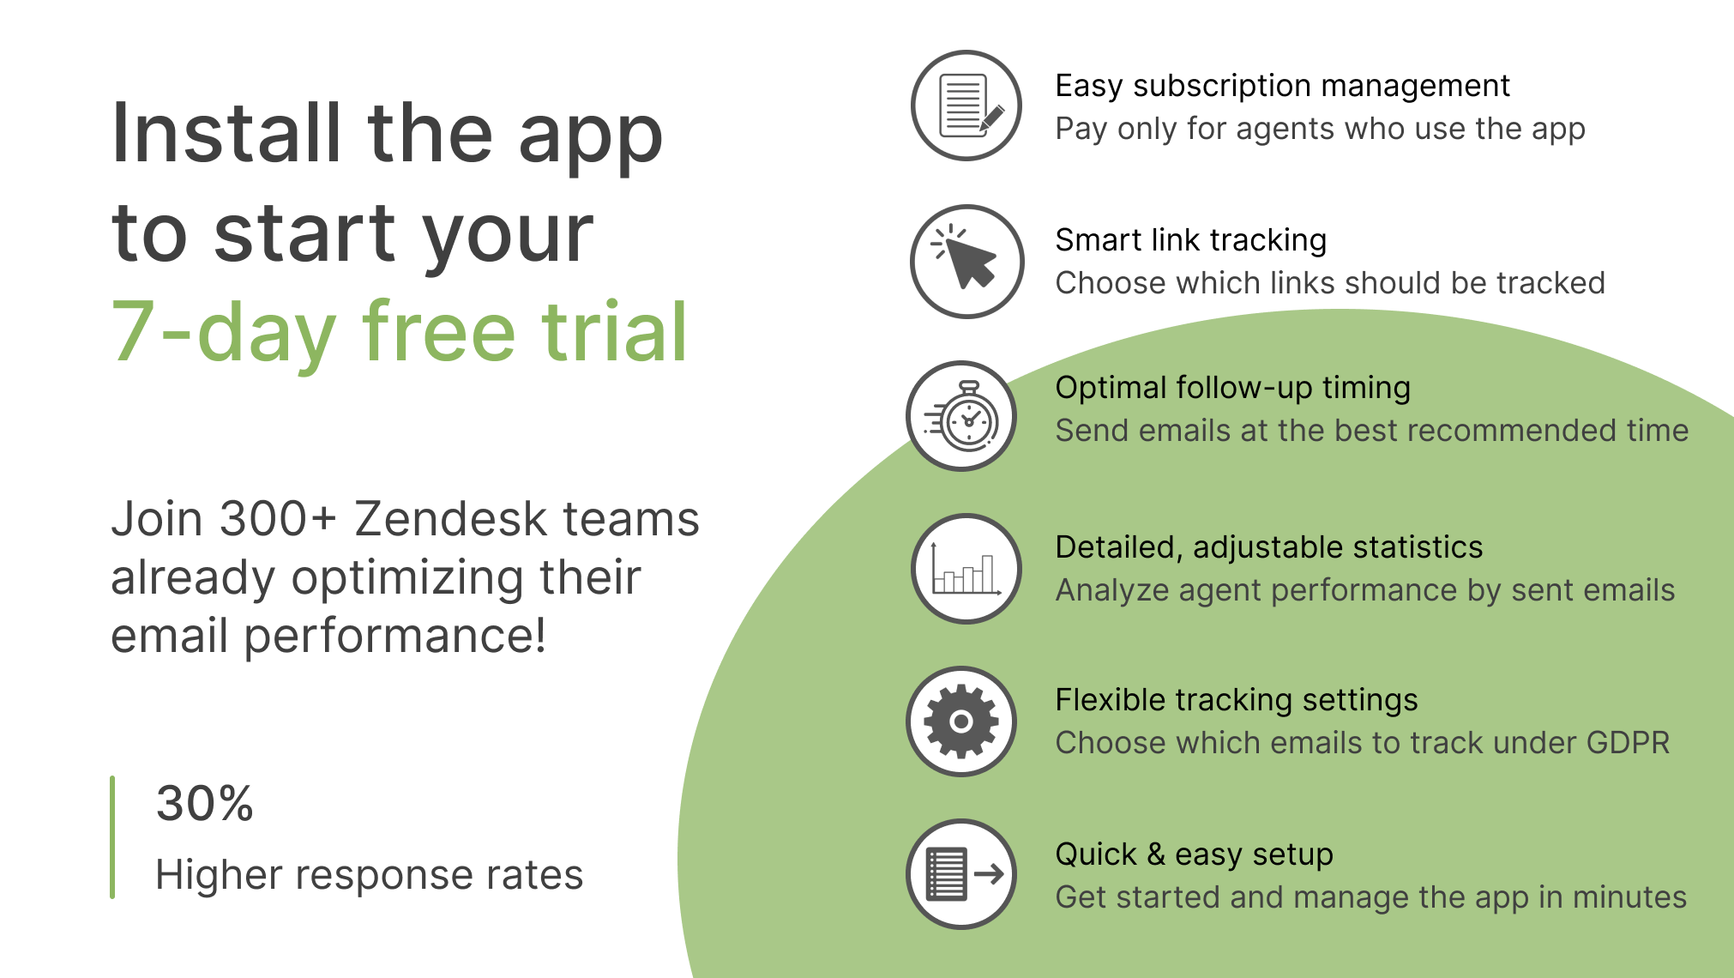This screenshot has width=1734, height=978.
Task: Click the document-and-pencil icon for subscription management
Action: tap(966, 106)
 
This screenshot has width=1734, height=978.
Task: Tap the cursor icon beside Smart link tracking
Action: tap(966, 261)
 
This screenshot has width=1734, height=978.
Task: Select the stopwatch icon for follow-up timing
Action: tap(962, 416)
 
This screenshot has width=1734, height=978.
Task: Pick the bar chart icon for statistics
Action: tap(966, 569)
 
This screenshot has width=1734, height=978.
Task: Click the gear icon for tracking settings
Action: tap(961, 721)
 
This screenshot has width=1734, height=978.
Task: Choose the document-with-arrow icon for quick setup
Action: tap(962, 874)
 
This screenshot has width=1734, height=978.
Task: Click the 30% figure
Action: tap(205, 804)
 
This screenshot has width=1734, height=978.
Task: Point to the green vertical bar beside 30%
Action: tap(112, 837)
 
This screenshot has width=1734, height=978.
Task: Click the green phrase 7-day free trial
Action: tap(400, 332)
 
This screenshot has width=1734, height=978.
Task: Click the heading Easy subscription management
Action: tap(1282, 86)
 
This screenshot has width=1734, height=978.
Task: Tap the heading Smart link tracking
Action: tap(1190, 240)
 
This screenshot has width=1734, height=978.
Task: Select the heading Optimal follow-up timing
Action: tap(1232, 388)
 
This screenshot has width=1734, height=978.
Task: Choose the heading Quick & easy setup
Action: tap(1194, 854)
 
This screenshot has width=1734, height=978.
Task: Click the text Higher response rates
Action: tap(369, 875)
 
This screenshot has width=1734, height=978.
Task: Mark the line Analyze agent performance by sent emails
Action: tap(1364, 590)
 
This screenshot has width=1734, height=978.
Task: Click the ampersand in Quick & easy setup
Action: tap(1156, 854)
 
